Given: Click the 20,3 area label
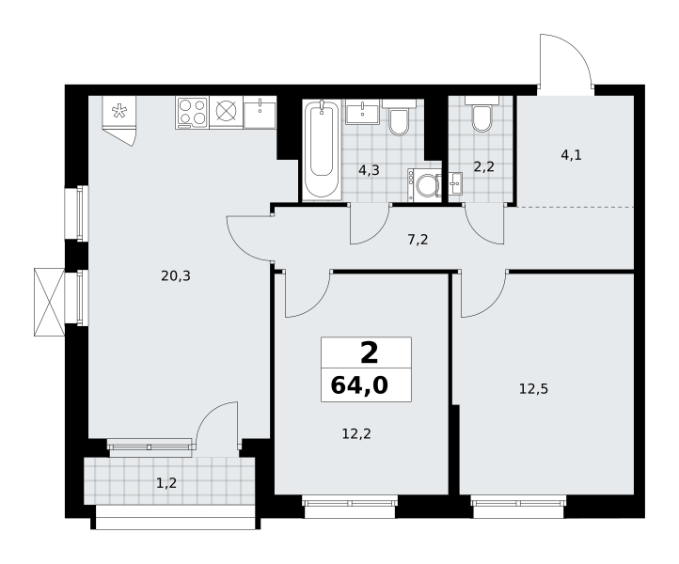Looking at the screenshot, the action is pos(175,275).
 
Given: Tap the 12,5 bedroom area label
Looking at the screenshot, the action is pos(533,389).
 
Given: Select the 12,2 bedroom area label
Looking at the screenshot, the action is pos(356,433).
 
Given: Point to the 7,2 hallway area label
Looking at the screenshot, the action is pos(418,239).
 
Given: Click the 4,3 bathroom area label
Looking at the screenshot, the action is pos(369,170).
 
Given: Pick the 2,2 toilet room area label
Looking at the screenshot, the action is pos(483,166).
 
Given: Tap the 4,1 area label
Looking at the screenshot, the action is pos(571,154).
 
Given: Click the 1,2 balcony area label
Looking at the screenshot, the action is pos(166,482).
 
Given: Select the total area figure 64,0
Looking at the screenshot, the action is pos(359,385).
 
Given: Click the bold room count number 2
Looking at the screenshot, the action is pos(369,352).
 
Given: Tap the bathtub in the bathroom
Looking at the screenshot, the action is pos(322,149).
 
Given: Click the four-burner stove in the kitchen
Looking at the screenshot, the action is pos(192,113).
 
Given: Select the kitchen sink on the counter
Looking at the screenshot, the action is pos(260,113).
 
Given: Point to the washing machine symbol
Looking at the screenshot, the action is pos(424,185).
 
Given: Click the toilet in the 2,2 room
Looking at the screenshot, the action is pos(482,115).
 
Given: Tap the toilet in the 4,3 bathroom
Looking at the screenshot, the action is pos(399,117).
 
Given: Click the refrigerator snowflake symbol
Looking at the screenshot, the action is pos(118,111).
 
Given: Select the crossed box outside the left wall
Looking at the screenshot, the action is pos(49,302).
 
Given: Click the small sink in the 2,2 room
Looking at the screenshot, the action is pos(455,184).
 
